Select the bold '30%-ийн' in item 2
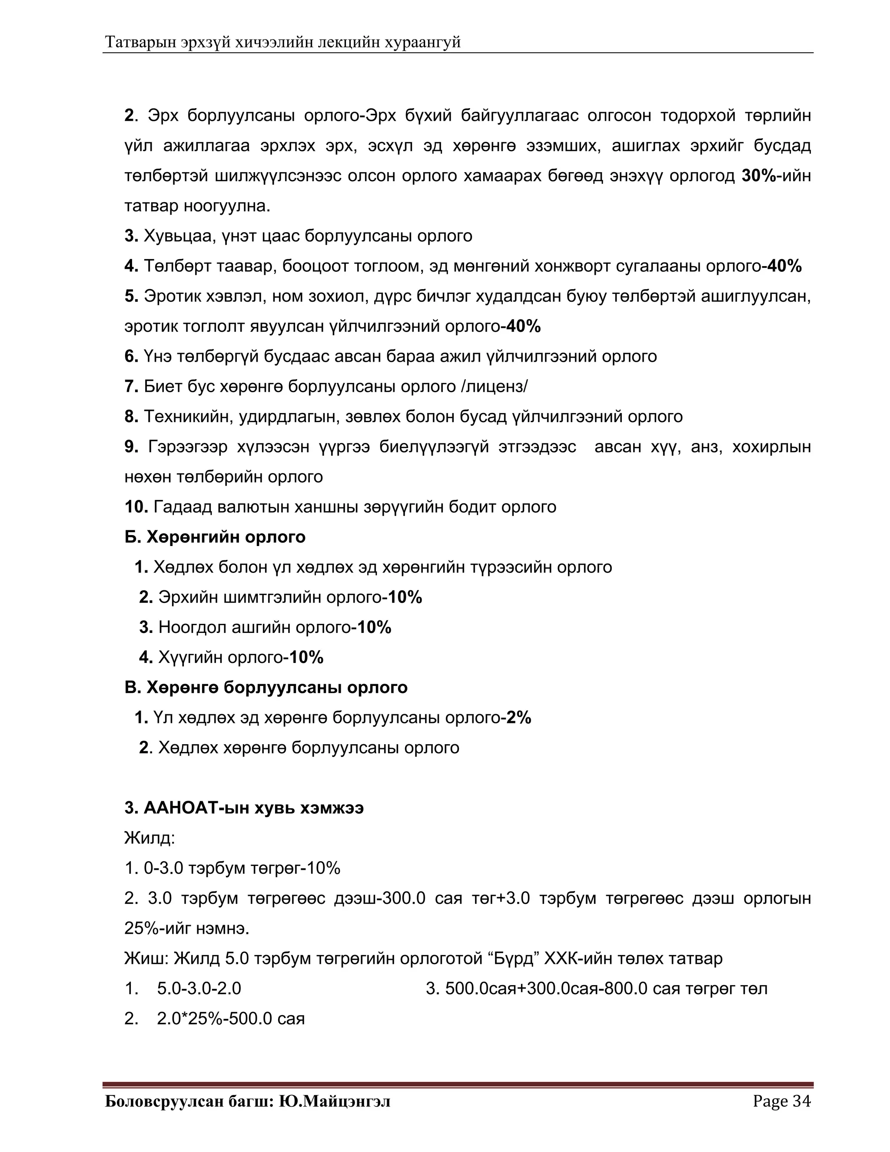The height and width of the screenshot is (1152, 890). tap(776, 176)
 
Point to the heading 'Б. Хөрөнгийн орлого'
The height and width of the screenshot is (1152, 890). tap(215, 537)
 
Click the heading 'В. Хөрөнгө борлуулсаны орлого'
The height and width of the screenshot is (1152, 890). tap(266, 687)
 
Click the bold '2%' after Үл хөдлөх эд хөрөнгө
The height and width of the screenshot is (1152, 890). tap(518, 717)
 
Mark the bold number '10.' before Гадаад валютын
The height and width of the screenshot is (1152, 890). tap(136, 507)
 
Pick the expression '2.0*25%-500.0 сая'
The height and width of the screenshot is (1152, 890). tap(230, 1018)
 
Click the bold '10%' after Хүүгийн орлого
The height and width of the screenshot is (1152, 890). tap(306, 657)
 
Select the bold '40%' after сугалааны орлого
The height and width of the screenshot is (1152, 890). tap(784, 266)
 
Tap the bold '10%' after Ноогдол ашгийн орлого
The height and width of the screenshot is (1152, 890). tap(374, 627)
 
